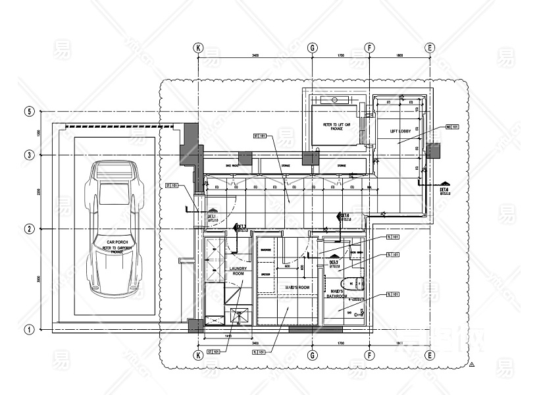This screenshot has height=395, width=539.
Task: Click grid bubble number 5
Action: pyautogui.click(x=29, y=111)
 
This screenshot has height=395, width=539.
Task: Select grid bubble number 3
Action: pyautogui.click(x=29, y=155)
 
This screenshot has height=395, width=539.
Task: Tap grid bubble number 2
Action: pyautogui.click(x=29, y=228)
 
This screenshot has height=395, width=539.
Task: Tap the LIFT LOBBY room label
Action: pyautogui.click(x=400, y=132)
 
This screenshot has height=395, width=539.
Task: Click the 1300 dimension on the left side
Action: pyautogui.click(x=39, y=134)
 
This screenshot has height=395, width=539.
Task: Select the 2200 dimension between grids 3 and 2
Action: pyautogui.click(x=39, y=192)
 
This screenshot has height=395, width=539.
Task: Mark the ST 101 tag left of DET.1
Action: pyautogui.click(x=172, y=186)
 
